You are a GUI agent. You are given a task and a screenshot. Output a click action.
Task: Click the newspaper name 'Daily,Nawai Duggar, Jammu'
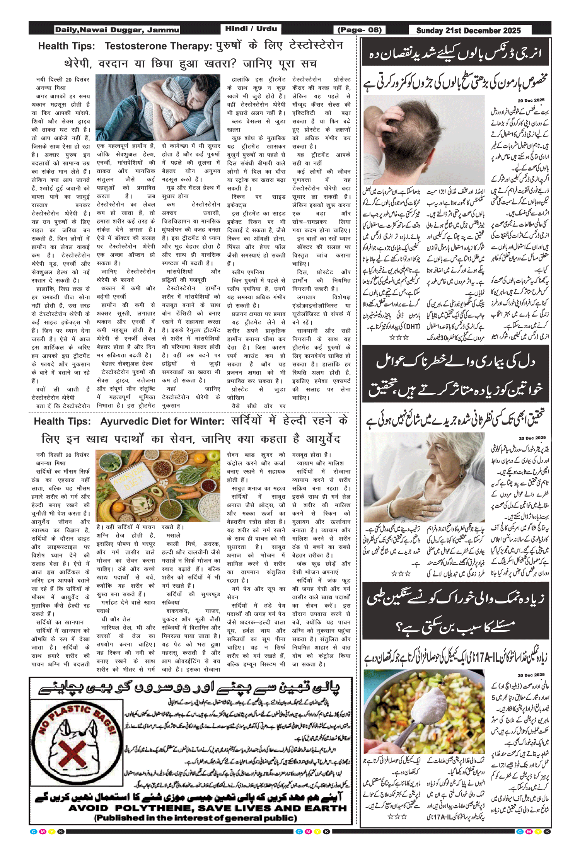[x=117, y=30]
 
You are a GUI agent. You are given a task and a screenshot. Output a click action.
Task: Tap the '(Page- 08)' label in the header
[x=360, y=30]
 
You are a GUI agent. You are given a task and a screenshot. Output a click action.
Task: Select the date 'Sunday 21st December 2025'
[x=468, y=31]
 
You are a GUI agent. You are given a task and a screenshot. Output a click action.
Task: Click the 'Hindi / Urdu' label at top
[x=251, y=29]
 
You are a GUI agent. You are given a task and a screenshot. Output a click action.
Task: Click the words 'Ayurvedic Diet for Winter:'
[x=162, y=421]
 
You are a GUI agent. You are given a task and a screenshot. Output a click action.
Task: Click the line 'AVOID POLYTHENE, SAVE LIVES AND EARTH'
[x=208, y=808]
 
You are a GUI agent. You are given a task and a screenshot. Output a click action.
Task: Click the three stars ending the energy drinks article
[x=399, y=338]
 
